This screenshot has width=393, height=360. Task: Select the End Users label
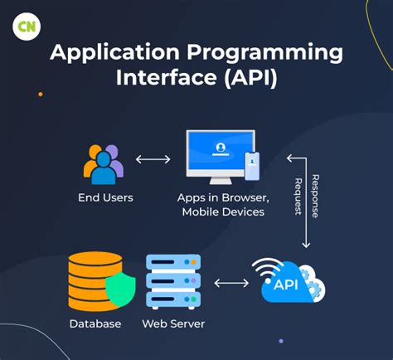[x=105, y=197]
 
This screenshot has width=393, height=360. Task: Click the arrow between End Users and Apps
[x=153, y=159]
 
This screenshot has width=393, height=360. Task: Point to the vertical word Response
[x=315, y=196]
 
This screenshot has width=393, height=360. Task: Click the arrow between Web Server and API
[x=231, y=283]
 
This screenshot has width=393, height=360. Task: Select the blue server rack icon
[x=172, y=282]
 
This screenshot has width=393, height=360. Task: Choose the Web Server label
[x=173, y=324]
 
